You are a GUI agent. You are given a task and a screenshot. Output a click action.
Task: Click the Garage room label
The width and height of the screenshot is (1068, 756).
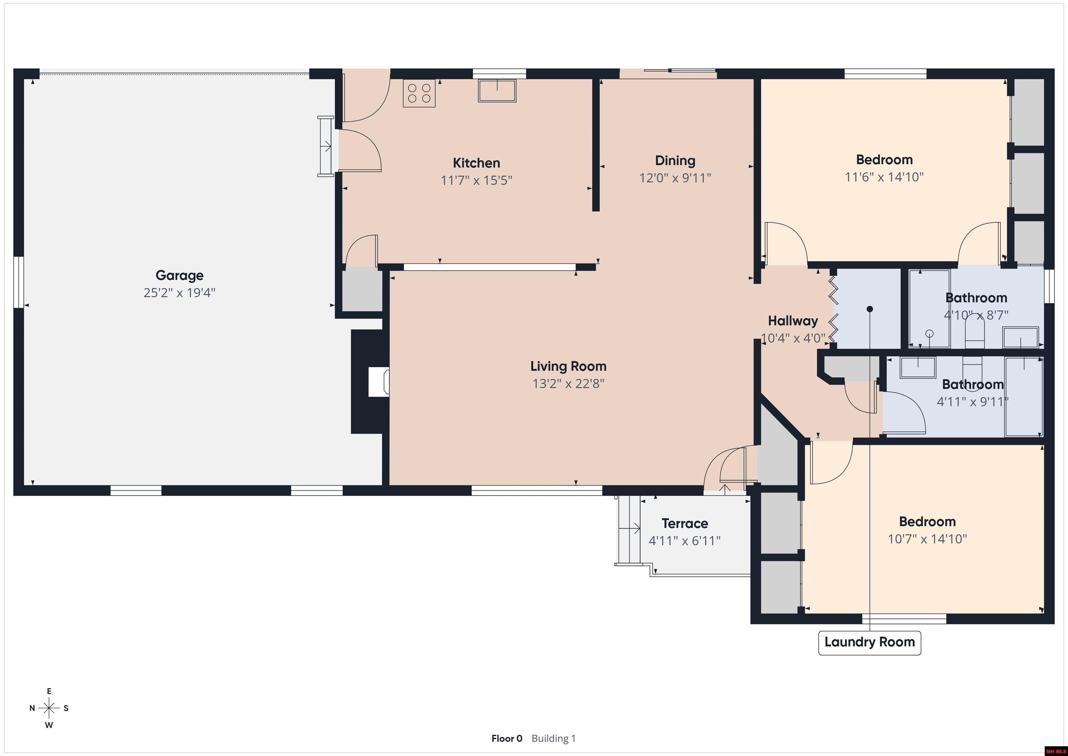pyautogui.click(x=179, y=276)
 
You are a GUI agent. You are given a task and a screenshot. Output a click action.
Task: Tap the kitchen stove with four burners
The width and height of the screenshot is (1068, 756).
pyautogui.click(x=419, y=93)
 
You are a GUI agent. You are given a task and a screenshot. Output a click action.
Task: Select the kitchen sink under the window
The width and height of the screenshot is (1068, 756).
pyautogui.click(x=497, y=90)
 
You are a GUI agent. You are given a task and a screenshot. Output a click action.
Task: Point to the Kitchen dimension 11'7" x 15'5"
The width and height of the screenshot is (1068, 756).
pyautogui.click(x=476, y=180)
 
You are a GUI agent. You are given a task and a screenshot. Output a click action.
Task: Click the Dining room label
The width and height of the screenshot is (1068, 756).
pyautogui.click(x=675, y=161)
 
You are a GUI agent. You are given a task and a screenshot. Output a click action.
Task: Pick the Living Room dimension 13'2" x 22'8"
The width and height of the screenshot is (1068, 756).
pyautogui.click(x=568, y=384)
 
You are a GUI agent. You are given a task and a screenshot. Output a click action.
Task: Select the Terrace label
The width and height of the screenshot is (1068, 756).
pyautogui.click(x=685, y=523)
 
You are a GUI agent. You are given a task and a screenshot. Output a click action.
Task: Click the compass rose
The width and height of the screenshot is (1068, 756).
pyautogui.click(x=49, y=708)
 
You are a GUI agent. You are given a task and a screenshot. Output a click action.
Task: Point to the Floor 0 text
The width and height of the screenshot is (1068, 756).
pyautogui.click(x=507, y=738)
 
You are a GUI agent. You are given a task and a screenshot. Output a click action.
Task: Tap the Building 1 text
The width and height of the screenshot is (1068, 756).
pyautogui.click(x=553, y=738)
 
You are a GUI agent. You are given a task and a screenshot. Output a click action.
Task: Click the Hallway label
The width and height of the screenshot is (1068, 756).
pyautogui.click(x=793, y=321)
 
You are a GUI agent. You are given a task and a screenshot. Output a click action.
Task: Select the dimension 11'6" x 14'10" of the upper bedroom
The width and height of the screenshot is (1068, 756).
pyautogui.click(x=884, y=177)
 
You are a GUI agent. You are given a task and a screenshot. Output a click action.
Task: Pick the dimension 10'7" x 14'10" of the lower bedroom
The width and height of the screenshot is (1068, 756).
pyautogui.click(x=927, y=539)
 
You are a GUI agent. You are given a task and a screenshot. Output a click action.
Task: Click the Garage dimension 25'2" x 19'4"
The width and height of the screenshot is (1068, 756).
pyautogui.click(x=179, y=293)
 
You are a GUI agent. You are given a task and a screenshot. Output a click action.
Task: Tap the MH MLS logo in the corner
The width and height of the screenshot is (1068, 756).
pyautogui.click(x=1055, y=751)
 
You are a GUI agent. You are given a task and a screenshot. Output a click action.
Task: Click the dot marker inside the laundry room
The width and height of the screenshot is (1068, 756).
pyautogui.click(x=869, y=309)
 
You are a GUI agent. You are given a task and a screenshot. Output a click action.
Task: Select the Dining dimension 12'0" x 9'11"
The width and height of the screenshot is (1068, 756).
pyautogui.click(x=675, y=178)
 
